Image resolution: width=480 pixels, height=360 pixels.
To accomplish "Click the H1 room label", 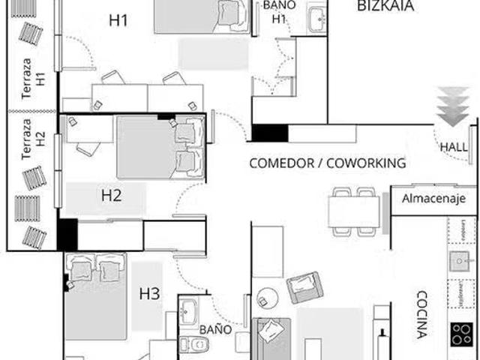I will point(118,20).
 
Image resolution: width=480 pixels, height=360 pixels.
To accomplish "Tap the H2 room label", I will point(112,196).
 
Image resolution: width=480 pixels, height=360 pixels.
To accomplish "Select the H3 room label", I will point(150,295).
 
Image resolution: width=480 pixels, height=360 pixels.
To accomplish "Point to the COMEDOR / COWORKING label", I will point(327,163).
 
